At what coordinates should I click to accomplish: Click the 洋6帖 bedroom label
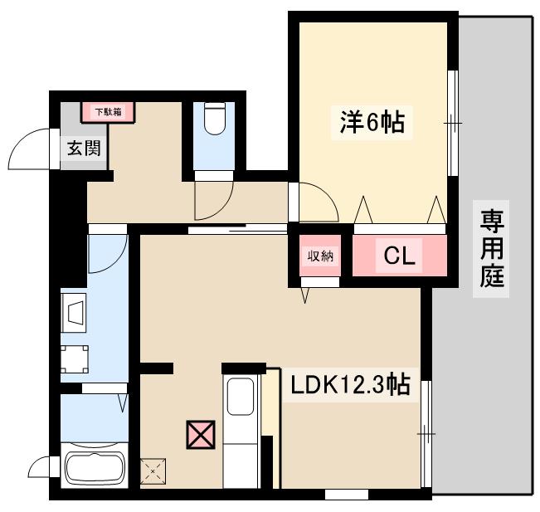pos(371,122)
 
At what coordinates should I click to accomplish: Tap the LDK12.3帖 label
pos(349,385)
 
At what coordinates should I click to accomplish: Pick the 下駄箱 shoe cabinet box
pos(107,111)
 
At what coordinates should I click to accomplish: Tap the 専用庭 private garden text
pos(492,248)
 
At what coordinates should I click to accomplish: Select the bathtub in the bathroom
pos(94,473)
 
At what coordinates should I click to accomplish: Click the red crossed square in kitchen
pos(200,434)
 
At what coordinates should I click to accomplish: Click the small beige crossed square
pos(153,473)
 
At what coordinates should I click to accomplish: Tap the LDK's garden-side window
pos(426,432)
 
